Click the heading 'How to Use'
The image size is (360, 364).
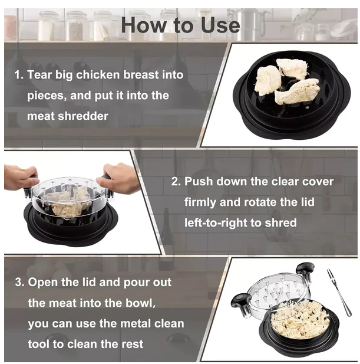click(x=180, y=25)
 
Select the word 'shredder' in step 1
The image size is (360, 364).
click(x=84, y=116)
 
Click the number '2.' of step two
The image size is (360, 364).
click(x=176, y=182)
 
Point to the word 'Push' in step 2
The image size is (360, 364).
click(x=199, y=182)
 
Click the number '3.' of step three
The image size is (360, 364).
click(x=19, y=282)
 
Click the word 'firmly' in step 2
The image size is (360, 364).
click(x=200, y=202)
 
